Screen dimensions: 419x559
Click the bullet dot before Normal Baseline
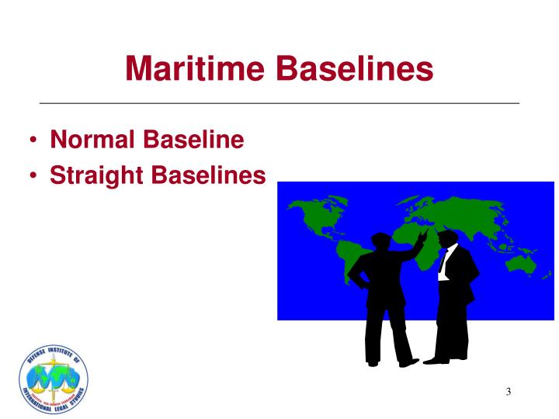coord(36,140)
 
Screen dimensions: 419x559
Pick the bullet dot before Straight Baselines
coord(36,176)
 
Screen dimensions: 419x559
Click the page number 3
coord(508,390)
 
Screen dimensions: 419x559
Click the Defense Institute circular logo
coord(53,379)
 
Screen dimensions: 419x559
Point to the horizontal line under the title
coord(279,103)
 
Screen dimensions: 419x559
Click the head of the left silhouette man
coord(381,243)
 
